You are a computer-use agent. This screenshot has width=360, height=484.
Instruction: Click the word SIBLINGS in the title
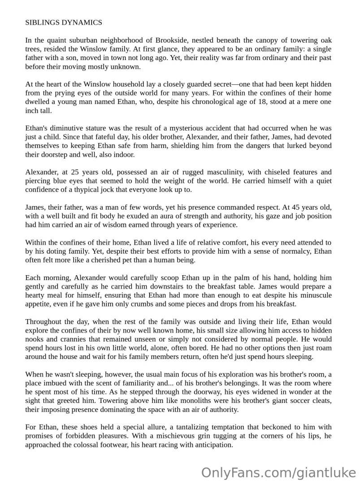point(41,22)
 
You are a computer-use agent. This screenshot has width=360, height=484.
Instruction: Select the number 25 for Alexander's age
point(75,172)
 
